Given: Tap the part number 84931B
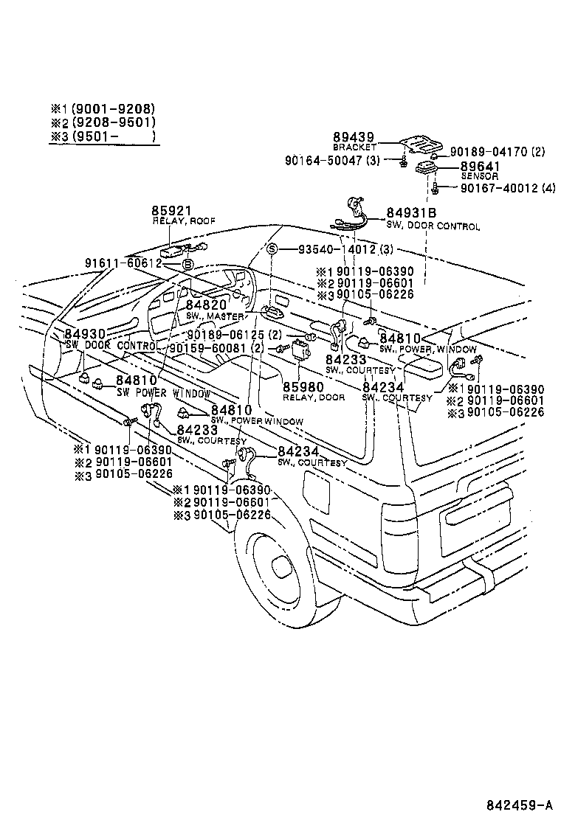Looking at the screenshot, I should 412,213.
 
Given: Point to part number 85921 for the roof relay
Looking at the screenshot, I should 171,211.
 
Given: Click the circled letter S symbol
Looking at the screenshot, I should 272,249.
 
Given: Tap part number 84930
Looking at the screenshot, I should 85,334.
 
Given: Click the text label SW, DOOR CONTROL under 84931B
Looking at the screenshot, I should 433,226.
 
